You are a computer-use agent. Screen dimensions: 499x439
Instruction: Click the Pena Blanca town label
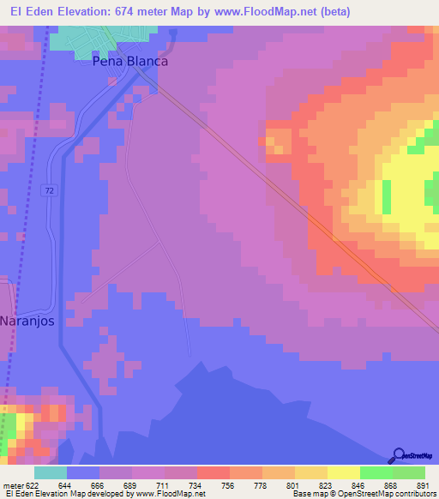[x=130, y=62]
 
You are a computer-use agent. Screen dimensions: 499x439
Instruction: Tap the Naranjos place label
[x=27, y=321]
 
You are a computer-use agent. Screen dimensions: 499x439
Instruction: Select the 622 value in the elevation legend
[x=29, y=484]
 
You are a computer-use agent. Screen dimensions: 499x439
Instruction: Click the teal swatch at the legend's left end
[x=50, y=472]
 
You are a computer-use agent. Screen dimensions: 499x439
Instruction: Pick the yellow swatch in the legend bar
[x=343, y=472]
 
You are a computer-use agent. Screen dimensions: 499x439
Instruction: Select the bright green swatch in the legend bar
[x=376, y=472]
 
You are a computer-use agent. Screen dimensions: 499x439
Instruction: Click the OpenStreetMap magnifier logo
[x=397, y=455]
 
